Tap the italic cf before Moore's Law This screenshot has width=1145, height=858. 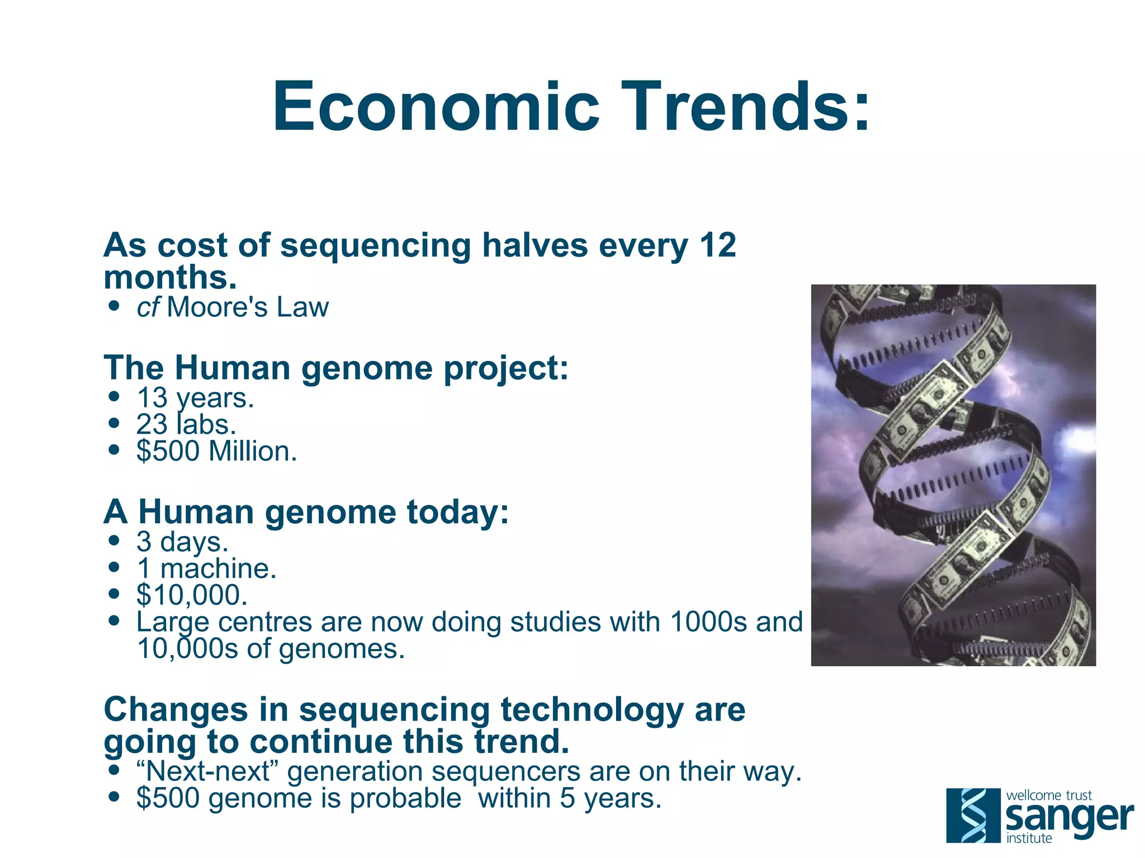[x=148, y=307]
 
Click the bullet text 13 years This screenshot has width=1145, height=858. [x=195, y=398]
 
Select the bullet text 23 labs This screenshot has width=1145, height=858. [x=186, y=425]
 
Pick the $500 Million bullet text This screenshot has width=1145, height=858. [x=216, y=452]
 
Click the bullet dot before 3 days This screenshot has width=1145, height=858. [x=115, y=541]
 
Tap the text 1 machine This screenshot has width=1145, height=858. [x=206, y=568]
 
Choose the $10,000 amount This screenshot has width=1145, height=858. [x=192, y=595]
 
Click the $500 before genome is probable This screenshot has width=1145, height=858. [x=168, y=798]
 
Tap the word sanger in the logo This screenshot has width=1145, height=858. [x=1068, y=817]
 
